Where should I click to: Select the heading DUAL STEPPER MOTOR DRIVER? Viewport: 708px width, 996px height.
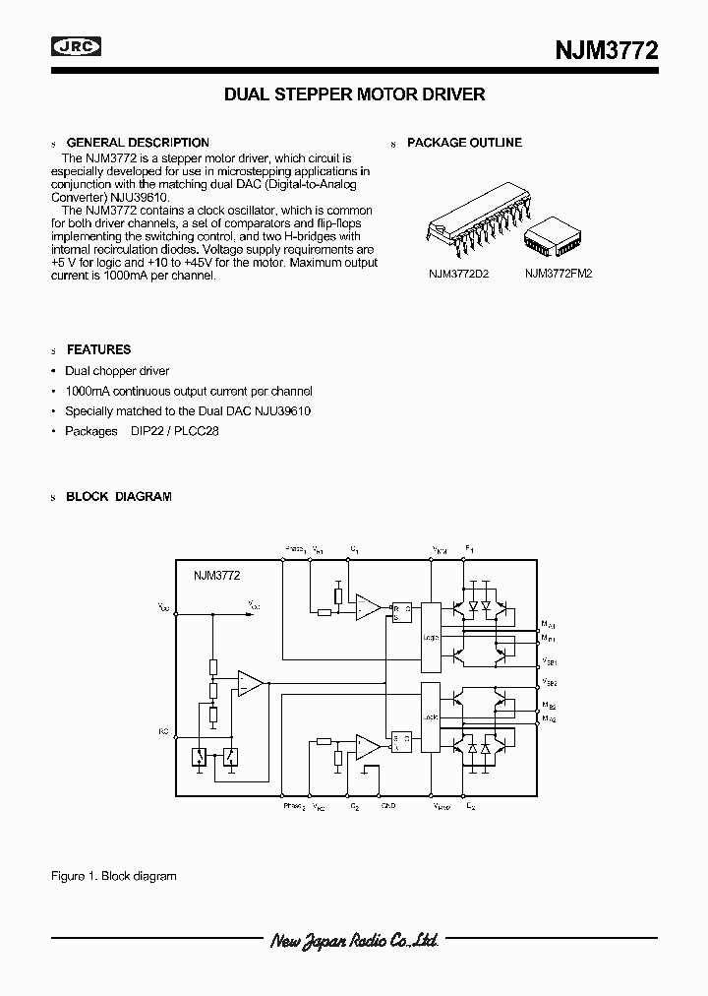pyautogui.click(x=355, y=95)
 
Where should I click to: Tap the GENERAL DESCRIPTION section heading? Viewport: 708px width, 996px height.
pyautogui.click(x=138, y=143)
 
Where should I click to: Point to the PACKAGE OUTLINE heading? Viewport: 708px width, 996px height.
pyautogui.click(x=464, y=143)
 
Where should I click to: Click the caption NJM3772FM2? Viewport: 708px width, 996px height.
pyautogui.click(x=559, y=275)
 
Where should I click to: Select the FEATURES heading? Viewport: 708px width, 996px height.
pyautogui.click(x=98, y=349)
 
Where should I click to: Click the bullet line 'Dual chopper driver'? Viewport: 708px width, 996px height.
pyautogui.click(x=117, y=371)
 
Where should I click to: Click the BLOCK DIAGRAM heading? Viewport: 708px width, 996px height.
pyautogui.click(x=119, y=497)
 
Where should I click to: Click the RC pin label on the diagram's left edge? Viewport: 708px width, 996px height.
pyautogui.click(x=163, y=731)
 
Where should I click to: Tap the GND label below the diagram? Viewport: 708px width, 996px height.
pyautogui.click(x=388, y=806)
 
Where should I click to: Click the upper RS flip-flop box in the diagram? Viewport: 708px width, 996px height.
pyautogui.click(x=401, y=612)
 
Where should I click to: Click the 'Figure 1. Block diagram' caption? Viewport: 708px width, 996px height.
pyautogui.click(x=113, y=875)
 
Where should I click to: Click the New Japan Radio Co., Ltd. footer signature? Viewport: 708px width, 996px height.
pyautogui.click(x=354, y=941)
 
